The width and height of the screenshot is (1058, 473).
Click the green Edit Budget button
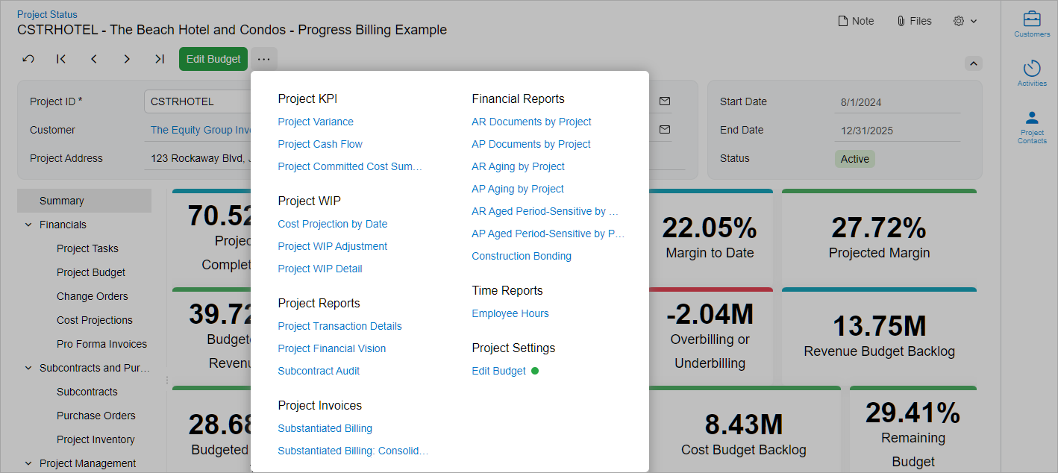[213, 59]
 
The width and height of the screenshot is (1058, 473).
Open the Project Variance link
[316, 122]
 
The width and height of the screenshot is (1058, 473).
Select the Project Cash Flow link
[320, 144]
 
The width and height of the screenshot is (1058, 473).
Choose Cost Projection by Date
[333, 224]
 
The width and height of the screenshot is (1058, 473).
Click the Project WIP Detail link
[320, 269]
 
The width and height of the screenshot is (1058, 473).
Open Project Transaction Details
[339, 326]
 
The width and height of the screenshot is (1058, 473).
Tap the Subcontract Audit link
[319, 371]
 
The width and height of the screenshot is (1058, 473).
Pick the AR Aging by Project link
[518, 166]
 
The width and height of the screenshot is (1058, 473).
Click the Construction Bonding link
[522, 256]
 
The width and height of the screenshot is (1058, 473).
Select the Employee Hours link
[510, 313]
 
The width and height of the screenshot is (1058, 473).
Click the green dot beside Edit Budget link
[534, 371]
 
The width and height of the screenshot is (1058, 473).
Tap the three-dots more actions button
[263, 59]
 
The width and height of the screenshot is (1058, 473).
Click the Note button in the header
[856, 21]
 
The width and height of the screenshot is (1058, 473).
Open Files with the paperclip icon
[914, 21]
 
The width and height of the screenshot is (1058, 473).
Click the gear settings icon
[959, 21]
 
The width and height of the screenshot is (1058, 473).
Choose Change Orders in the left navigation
[92, 296]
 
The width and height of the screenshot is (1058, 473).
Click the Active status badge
[854, 159]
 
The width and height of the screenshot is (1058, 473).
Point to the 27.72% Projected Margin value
[879, 228]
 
